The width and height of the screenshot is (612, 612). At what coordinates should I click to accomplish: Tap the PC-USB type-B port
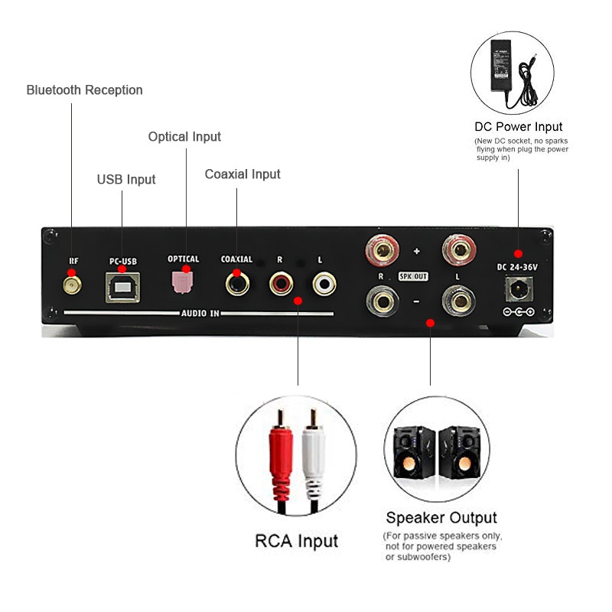click(x=123, y=286)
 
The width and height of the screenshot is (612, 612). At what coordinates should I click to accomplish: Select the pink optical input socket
click(x=183, y=281)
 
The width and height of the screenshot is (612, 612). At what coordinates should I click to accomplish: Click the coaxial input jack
click(x=236, y=285)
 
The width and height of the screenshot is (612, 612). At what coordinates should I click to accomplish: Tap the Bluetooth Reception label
click(x=84, y=90)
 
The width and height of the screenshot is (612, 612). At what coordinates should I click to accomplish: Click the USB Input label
click(x=125, y=180)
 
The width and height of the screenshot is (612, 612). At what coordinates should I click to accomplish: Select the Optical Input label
click(x=184, y=137)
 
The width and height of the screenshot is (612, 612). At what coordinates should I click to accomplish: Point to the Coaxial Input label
click(x=243, y=174)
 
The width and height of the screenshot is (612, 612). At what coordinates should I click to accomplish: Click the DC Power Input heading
click(x=518, y=127)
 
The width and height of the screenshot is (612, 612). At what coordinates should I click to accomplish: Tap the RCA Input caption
click(x=296, y=542)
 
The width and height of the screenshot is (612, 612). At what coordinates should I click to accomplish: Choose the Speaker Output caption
click(x=441, y=518)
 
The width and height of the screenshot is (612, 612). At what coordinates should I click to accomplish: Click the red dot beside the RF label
click(x=72, y=272)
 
